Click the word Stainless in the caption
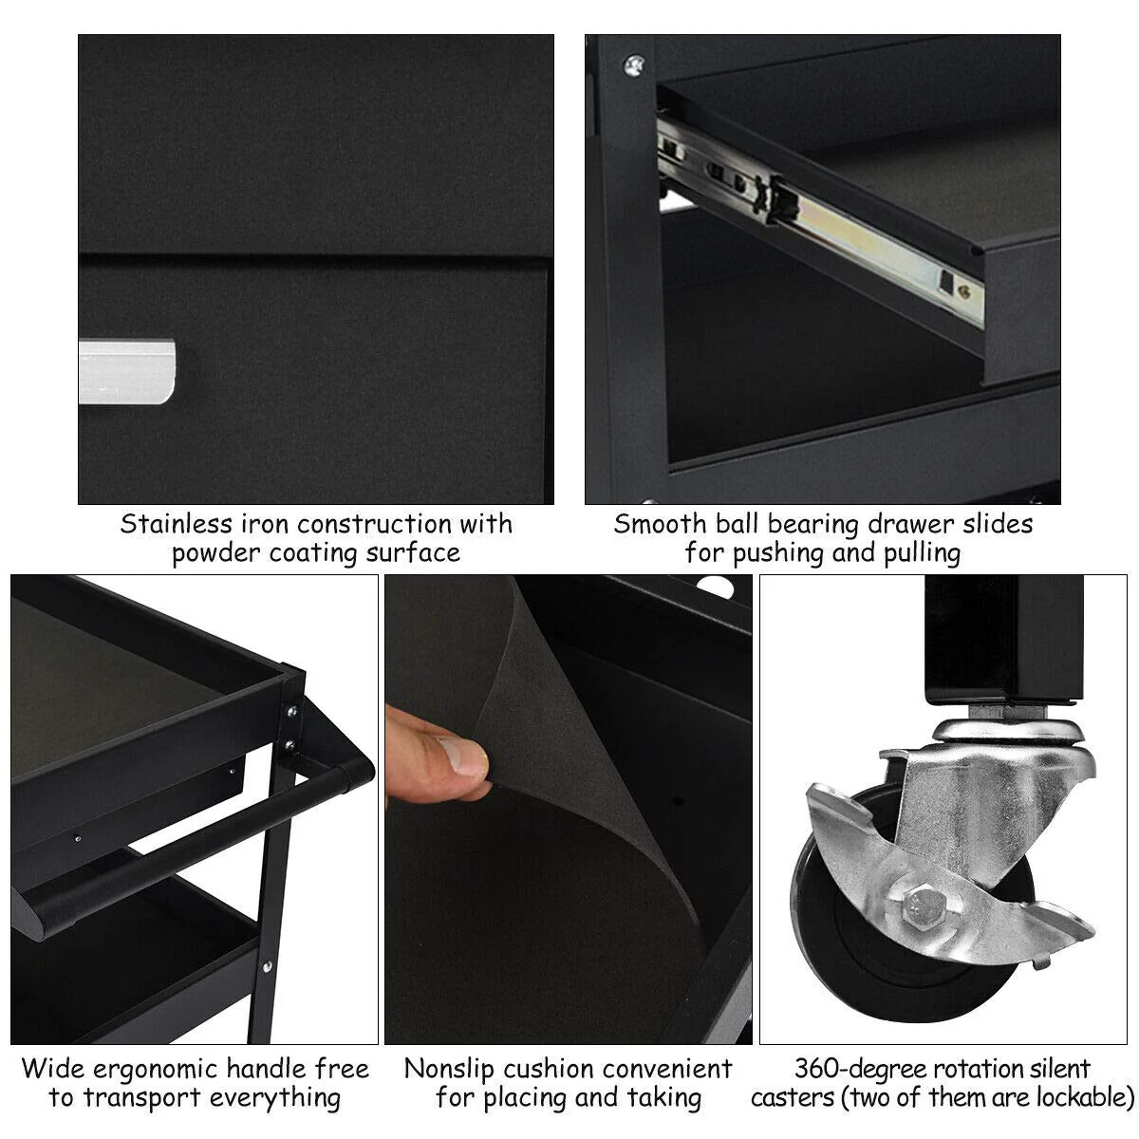176,524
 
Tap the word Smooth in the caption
660,524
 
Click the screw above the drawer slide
631,65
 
